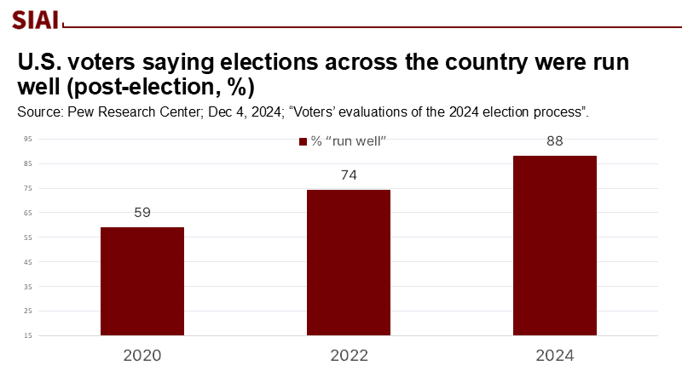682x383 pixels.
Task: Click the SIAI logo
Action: tap(35, 20)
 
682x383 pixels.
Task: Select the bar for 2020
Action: tap(142, 281)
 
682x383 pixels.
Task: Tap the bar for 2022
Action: tap(349, 262)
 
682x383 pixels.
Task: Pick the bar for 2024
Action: tap(555, 245)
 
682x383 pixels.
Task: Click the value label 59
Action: tap(142, 213)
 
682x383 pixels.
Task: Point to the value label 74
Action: tap(349, 175)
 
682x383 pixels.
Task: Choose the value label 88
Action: tap(555, 141)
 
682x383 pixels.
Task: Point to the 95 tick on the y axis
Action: tap(27, 139)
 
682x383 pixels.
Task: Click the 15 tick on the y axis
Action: tap(27, 335)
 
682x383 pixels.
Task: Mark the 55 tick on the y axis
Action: tap(27, 237)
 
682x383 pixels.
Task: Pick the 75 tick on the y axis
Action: tap(27, 188)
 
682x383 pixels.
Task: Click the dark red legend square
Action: tap(302, 141)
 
